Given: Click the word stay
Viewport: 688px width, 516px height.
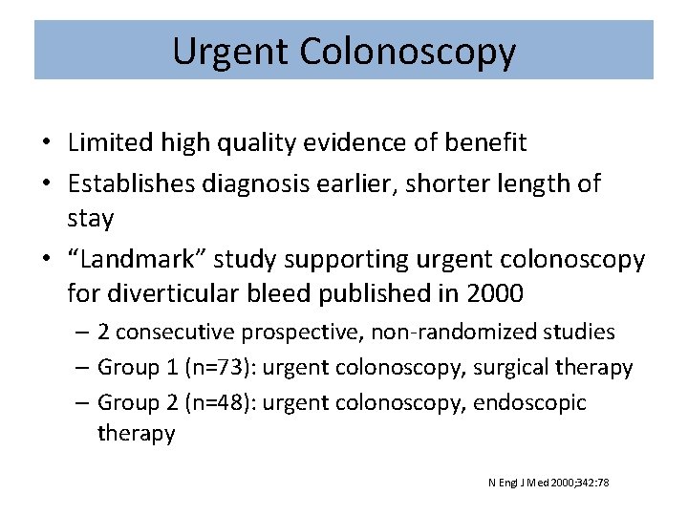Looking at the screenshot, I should click(91, 219).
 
